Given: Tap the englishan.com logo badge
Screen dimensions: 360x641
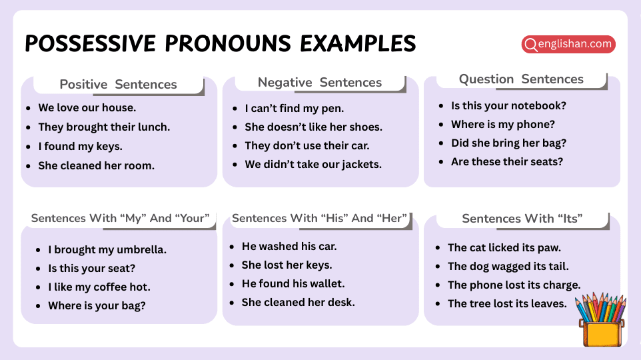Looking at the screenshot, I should pos(568,45).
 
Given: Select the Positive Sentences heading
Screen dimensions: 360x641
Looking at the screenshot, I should pos(118,85).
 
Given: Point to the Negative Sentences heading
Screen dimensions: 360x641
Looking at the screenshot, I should pos(320,83).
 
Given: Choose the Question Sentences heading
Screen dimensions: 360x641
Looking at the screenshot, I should pos(521,79).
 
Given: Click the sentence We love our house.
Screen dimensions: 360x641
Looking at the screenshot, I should pos(87,108).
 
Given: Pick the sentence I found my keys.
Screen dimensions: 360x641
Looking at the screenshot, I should pos(81,147).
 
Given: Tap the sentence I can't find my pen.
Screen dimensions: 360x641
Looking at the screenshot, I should pos(295,109).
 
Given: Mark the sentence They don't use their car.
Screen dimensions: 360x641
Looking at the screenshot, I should pos(307,146).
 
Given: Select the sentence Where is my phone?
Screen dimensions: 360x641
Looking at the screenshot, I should pos(503,125).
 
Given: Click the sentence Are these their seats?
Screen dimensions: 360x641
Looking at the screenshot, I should pos(507,162).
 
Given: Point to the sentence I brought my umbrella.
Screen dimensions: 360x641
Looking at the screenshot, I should pos(107,251).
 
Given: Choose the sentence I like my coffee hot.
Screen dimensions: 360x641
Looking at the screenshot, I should pos(99,287).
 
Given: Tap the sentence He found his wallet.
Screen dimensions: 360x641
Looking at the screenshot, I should pos(293,284).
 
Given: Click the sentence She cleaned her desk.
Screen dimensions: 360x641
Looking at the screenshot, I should pos(299,303).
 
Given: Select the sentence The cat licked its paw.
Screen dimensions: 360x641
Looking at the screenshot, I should pos(504,248).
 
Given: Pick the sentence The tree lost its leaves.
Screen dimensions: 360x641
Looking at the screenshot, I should pos(507,304).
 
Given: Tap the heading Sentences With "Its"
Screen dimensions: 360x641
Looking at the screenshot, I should pos(522,219).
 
